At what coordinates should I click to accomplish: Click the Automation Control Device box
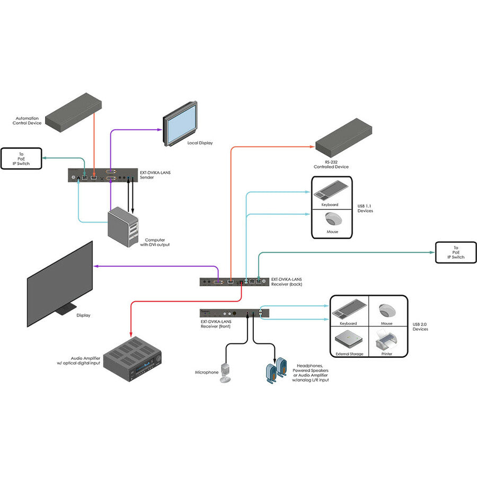pos(74,111)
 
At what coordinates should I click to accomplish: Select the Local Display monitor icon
pos(180,125)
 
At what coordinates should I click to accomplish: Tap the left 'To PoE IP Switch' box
pos(22,158)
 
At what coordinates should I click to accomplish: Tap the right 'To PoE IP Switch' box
pos(455,252)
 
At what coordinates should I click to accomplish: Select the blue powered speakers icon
pos(276,369)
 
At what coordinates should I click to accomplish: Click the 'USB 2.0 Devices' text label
pos(420,326)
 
